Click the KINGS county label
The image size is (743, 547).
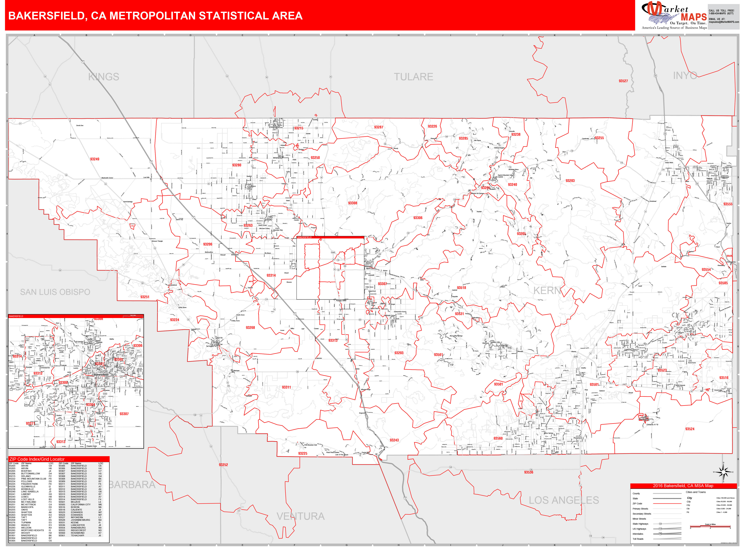pyautogui.click(x=104, y=77)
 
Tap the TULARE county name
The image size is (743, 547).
pyautogui.click(x=413, y=77)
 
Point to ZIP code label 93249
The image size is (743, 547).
pyautogui.click(x=95, y=159)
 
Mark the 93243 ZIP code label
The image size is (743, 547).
pyautogui.click(x=394, y=440)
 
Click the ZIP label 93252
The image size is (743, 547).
pyautogui.click(x=223, y=465)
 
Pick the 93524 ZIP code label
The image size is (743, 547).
pyautogui.click(x=690, y=429)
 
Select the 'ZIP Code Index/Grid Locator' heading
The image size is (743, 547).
pyautogui.click(x=37, y=459)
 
